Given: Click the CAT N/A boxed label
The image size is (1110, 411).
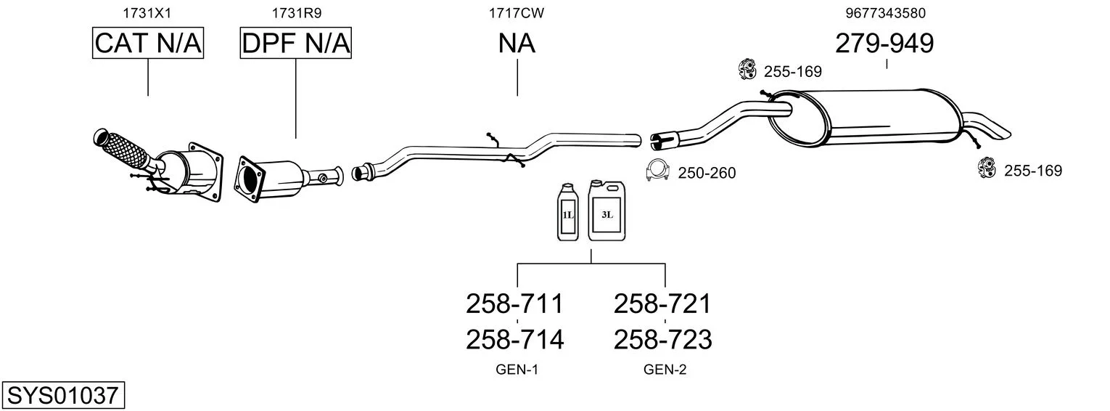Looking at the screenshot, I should click(148, 44).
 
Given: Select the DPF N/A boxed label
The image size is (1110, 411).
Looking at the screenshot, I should click(296, 44).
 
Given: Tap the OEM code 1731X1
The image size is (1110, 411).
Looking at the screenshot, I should click(148, 12).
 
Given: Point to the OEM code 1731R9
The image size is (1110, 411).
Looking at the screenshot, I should click(296, 12).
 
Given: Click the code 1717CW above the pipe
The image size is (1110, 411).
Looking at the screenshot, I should click(517, 12).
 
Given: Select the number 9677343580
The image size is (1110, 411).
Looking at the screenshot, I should click(885, 12).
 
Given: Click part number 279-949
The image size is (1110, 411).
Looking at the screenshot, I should click(884, 44).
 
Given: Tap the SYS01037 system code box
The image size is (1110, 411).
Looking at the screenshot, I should click(62, 396).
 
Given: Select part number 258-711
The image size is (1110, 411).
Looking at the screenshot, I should click(514, 304).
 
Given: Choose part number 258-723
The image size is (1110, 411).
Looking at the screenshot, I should click(662, 339).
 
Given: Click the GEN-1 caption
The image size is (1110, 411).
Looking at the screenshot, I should click(517, 370).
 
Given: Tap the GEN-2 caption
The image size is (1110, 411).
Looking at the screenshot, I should click(665, 370).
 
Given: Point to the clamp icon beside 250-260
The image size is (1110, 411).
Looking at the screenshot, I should click(657, 171).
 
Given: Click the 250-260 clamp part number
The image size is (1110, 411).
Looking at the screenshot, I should click(707, 173).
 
